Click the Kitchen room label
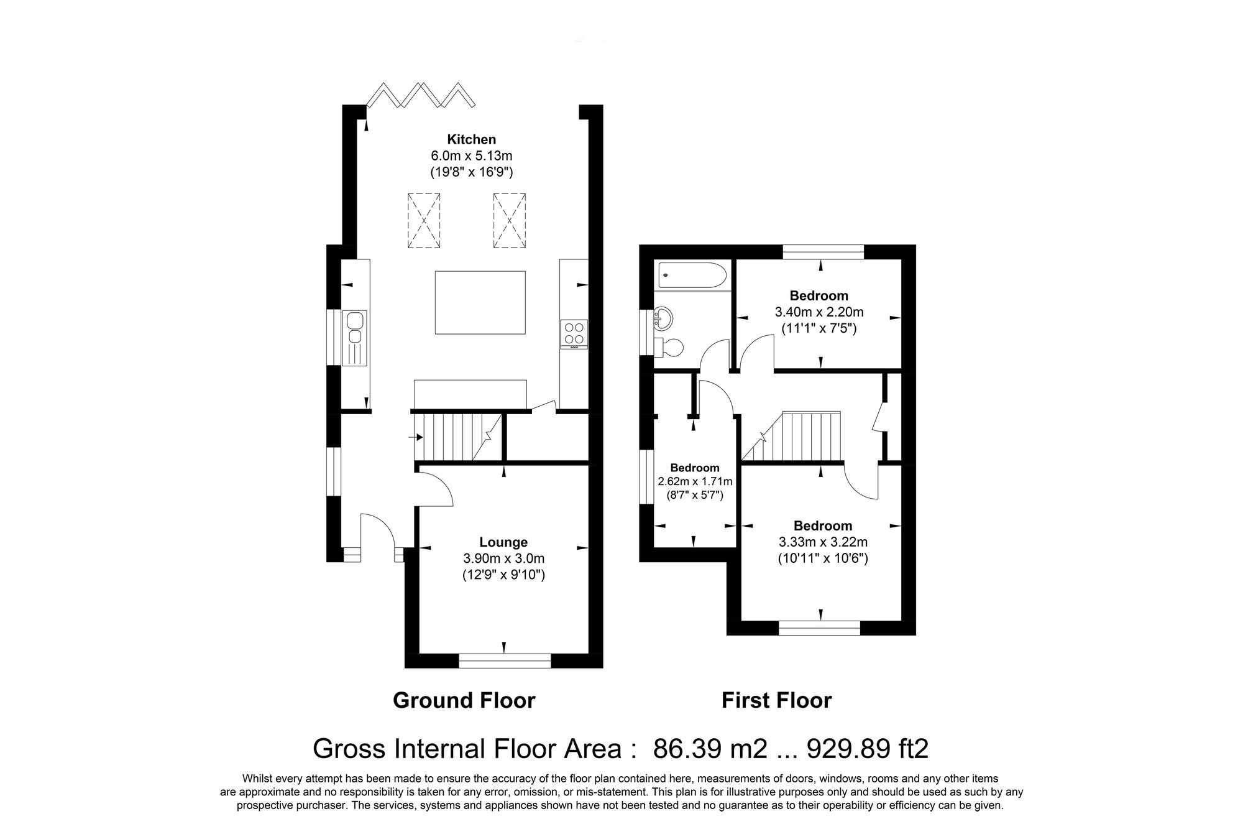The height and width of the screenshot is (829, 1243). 472,139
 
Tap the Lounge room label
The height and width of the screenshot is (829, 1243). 503,542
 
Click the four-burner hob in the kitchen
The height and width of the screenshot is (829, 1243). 574,333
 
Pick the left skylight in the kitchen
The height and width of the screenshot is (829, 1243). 424,220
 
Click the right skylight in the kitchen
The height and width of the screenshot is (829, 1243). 510,220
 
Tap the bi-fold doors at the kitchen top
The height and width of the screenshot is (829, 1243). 421,96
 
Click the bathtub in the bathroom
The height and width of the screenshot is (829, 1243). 692,275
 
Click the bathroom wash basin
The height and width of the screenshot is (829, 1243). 663,318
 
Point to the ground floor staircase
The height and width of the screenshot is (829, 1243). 457,438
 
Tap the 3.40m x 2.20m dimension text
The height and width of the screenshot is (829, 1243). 819,312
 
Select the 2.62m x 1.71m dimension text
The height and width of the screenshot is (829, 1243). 695,481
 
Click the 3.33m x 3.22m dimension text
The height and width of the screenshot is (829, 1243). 823,542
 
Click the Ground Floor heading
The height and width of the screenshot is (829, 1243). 464,701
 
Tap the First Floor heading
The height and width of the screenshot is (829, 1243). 776,701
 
